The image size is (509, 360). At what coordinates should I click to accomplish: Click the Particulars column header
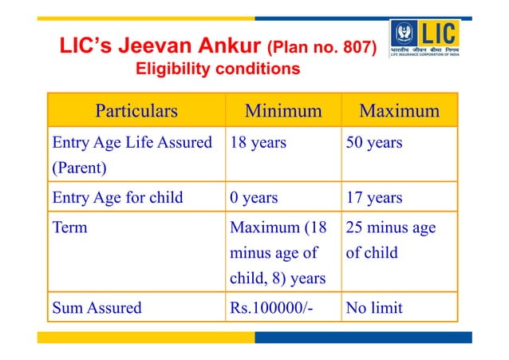click(x=136, y=110)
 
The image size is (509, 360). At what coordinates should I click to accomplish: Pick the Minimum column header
click(x=283, y=110)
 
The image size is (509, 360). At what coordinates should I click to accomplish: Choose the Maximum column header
click(x=399, y=110)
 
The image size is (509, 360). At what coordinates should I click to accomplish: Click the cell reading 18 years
click(x=258, y=144)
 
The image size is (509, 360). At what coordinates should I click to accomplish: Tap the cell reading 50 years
click(x=373, y=144)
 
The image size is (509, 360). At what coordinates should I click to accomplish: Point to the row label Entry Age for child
click(x=117, y=197)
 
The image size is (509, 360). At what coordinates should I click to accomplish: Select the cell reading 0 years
click(x=254, y=197)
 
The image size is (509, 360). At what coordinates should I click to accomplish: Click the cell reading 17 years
click(x=373, y=197)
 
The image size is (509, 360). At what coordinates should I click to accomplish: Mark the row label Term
click(x=69, y=227)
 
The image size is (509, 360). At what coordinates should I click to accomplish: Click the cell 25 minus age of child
click(x=391, y=241)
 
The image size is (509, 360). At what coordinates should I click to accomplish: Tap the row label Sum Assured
click(x=97, y=307)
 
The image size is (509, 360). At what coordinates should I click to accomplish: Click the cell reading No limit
click(x=375, y=307)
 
